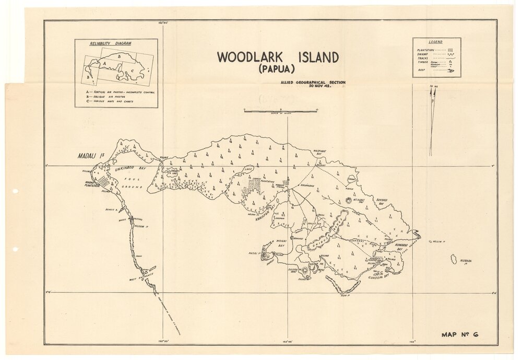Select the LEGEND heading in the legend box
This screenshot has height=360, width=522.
pyautogui.click(x=435, y=42)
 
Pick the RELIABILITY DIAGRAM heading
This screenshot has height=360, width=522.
pyautogui.click(x=110, y=43)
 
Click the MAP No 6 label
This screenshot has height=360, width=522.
pyautogui.click(x=459, y=334)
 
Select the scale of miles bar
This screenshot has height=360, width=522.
pyautogui.click(x=281, y=111)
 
